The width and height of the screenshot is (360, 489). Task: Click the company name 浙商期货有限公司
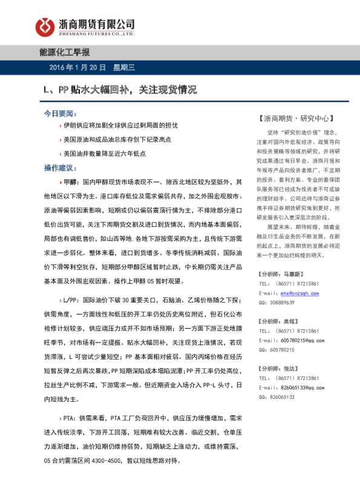tap(96, 23)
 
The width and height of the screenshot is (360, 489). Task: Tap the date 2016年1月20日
tap(77, 67)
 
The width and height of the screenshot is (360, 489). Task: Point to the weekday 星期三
tap(126, 67)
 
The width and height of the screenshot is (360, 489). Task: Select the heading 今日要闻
tap(61, 114)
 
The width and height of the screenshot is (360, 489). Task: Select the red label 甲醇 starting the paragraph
tap(71, 182)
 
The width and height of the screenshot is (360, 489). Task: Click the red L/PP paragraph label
tap(70, 300)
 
